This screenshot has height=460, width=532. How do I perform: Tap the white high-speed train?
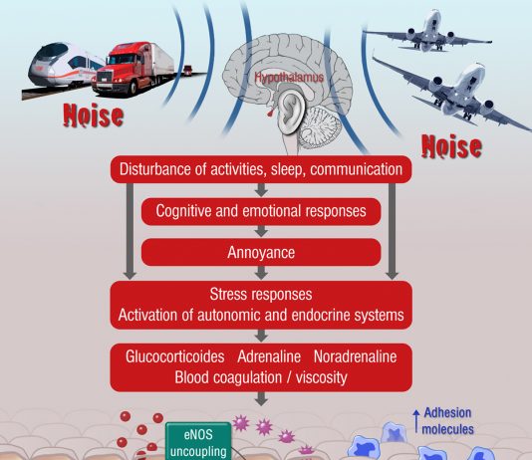pos(65,66)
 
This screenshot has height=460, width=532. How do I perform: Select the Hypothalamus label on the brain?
pos(289,78)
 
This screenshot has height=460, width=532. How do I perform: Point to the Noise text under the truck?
pos(94,115)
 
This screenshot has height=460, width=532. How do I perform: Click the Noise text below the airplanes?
pos(451,146)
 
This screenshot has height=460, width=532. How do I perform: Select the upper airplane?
pos(428,33)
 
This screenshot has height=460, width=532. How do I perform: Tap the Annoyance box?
pos(261,252)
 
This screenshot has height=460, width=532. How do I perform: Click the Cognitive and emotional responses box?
pos(261,211)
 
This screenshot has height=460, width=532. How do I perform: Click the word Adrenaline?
pos(269,356)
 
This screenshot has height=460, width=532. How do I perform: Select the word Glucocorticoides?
pos(174,356)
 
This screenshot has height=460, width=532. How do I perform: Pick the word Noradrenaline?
pos(356,356)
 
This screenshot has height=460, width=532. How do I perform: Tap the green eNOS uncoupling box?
pos(198,441)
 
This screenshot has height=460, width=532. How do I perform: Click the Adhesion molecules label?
pos(447,421)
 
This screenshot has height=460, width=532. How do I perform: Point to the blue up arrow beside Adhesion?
pos(416,421)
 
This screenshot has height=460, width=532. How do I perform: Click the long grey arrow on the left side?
pos(130,231)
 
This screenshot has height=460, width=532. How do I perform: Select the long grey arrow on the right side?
pos(392,231)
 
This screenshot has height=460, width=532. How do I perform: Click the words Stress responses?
pos(261,294)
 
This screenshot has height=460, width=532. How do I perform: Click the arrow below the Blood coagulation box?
pos(261,398)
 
